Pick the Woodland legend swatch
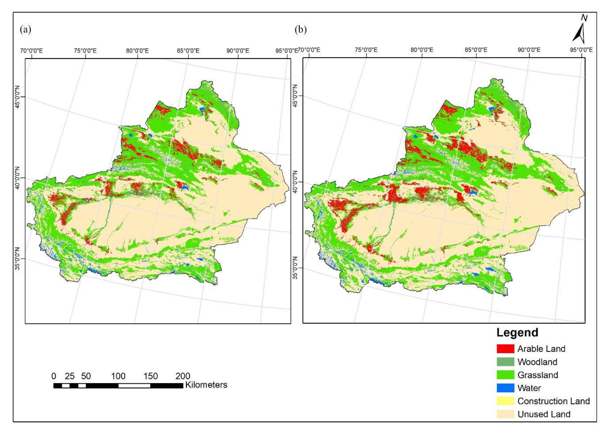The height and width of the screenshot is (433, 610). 505,362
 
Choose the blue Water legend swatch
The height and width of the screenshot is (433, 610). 505,388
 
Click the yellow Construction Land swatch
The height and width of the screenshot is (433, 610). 505,401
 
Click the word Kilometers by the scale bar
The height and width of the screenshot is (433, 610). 206,385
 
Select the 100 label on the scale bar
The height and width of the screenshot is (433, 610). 118,376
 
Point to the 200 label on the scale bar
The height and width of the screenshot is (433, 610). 183,376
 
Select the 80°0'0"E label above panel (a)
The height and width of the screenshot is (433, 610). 137,51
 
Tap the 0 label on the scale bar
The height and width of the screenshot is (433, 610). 54,376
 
